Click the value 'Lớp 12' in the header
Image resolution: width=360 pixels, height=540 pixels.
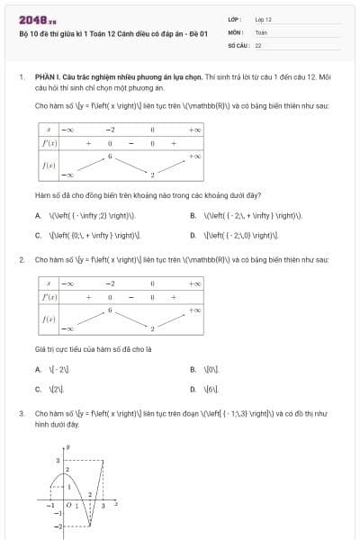[x=264, y=19]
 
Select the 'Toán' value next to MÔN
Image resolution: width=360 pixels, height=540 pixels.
[x=261, y=31]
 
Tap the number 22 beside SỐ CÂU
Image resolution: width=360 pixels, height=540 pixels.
[x=258, y=44]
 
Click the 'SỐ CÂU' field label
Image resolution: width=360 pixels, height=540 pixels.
[x=238, y=44]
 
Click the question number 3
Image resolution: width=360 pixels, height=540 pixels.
[x=21, y=414]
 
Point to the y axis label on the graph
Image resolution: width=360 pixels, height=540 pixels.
[x=67, y=446]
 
